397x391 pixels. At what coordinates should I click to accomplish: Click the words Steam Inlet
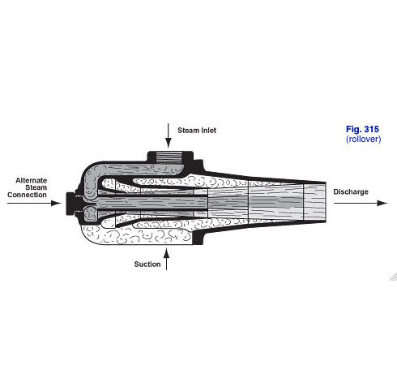197,131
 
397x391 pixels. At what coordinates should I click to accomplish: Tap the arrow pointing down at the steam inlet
169,135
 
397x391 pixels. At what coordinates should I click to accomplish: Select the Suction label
147,264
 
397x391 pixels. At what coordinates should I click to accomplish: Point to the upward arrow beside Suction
166,259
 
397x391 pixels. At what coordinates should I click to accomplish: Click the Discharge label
351,191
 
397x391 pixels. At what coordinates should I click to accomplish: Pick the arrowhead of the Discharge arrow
382,203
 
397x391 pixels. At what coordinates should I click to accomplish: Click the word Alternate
32,180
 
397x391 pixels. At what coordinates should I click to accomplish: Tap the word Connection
27,195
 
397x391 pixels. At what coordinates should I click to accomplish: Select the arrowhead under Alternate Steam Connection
56,203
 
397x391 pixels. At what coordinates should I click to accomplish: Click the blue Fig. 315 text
362,129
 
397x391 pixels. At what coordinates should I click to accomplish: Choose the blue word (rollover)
363,139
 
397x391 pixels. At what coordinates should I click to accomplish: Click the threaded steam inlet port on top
170,157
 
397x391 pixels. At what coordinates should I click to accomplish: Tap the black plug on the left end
70,204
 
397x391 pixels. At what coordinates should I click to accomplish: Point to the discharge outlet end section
315,202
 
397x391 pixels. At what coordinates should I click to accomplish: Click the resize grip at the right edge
393,277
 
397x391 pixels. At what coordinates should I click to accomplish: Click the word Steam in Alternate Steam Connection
36,187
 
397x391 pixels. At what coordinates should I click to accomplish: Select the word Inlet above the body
208,131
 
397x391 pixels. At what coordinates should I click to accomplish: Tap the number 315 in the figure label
371,129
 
